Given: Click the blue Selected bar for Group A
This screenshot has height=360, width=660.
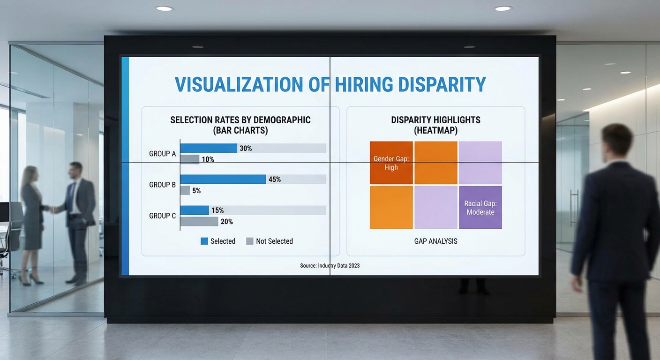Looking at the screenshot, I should coord(209,148).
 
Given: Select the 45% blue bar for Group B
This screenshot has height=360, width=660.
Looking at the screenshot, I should coord(223,179).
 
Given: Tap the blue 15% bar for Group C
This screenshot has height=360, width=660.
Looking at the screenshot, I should coord(195,210).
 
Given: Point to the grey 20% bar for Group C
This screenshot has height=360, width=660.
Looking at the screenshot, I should coord(199,221).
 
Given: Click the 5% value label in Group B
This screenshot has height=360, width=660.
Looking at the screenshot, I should coord(196,191).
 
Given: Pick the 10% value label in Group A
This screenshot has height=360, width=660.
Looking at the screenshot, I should coord(208,159).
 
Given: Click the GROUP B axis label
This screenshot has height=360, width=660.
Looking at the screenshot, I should coord(162,185).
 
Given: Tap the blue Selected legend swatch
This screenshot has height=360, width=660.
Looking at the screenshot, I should coord(204,241).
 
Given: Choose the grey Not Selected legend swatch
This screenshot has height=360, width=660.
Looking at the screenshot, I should coord(249,241).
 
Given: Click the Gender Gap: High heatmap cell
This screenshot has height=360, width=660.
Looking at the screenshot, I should coord(391,163).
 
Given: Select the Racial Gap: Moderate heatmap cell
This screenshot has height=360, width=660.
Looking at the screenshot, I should coord(480,207).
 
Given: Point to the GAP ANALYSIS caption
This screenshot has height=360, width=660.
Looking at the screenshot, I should coord(435,241).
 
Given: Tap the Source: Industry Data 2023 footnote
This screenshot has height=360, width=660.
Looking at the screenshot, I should coord(330,265).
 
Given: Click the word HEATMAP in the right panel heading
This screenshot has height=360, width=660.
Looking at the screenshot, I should coord(435,131).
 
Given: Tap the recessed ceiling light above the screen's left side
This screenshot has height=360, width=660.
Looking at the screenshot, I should coord(164,8).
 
